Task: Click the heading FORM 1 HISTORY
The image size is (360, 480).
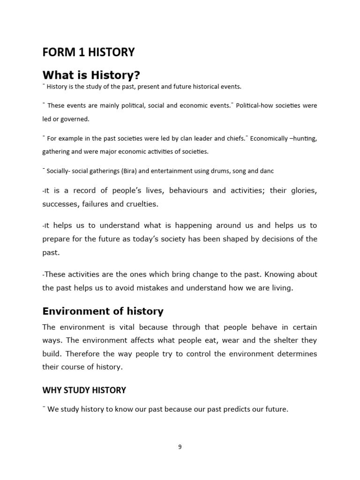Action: pos(88,52)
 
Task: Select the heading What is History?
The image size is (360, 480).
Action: pos(91,75)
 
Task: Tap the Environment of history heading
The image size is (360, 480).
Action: pos(103,311)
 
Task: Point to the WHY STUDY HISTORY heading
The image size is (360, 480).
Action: pos(84,390)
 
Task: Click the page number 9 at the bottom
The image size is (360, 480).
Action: pos(180,447)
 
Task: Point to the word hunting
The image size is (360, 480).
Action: pos(304,139)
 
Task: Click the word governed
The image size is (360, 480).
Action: pos(75,119)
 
